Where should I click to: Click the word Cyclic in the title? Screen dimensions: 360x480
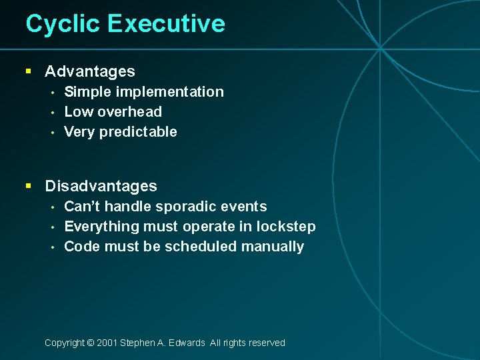63,24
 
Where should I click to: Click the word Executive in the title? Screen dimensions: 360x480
166,24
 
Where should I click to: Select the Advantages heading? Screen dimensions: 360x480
90,71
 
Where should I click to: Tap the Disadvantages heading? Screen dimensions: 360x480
101,186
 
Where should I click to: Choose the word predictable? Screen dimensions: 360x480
138,132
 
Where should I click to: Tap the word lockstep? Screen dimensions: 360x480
286,227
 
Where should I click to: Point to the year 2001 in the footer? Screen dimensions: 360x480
107,343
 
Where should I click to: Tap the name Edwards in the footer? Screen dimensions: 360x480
187,343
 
